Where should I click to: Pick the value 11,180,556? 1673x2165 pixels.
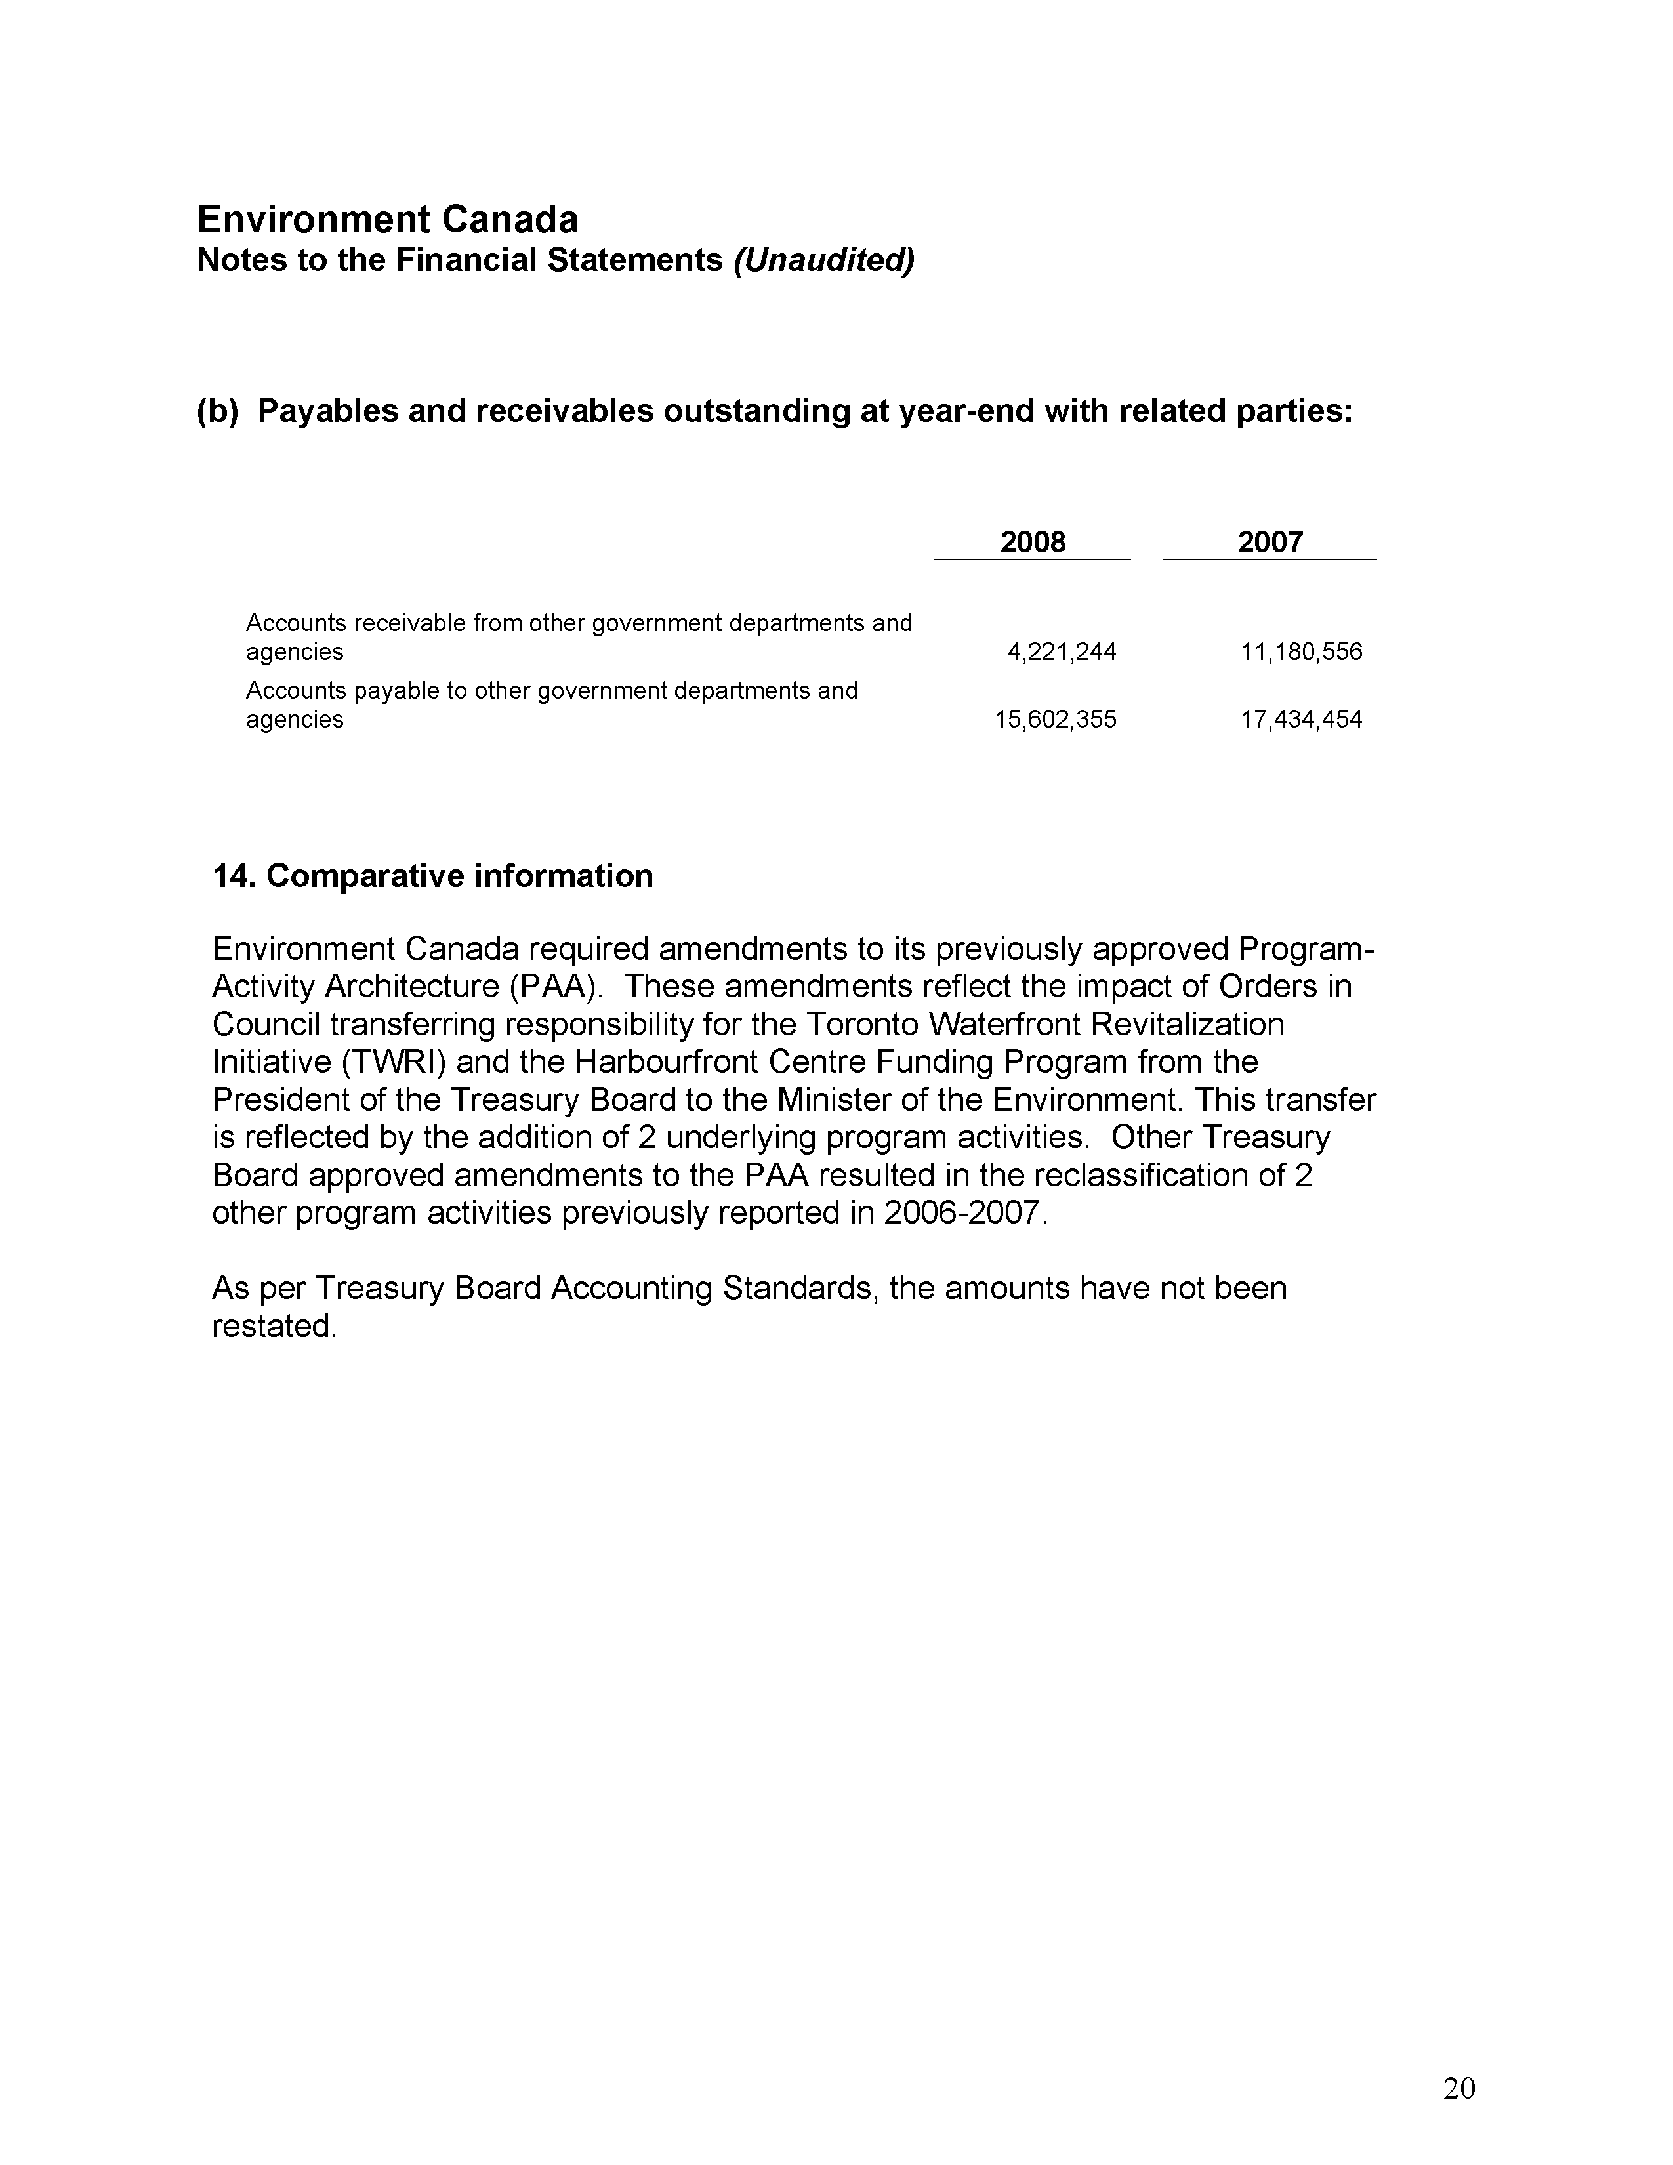click(x=1302, y=652)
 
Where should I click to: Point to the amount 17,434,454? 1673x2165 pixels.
click(x=1302, y=720)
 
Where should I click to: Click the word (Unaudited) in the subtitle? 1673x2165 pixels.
click(x=823, y=260)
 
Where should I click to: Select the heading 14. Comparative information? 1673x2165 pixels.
click(x=433, y=876)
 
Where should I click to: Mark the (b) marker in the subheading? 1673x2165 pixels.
click(x=218, y=411)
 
